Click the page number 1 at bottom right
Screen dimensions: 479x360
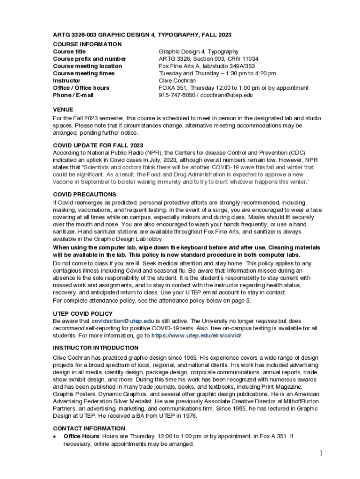tap(322, 453)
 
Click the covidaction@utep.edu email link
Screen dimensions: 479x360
tap(122, 321)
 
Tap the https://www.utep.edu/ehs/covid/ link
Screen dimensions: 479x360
tap(196, 335)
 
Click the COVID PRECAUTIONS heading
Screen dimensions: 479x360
tap(84, 194)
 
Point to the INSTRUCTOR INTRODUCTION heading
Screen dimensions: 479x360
tap(95, 348)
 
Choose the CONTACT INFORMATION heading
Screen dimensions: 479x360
tap(89, 428)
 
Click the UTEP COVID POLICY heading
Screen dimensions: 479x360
tap(83, 313)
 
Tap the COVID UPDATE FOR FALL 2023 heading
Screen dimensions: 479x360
tap(98, 145)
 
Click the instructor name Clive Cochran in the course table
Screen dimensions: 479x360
tap(177, 80)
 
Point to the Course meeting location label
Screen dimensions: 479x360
tap(87, 66)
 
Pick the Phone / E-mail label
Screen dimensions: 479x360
tap(73, 95)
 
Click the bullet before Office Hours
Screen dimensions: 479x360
tap(55, 436)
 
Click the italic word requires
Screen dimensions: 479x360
tap(266, 321)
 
